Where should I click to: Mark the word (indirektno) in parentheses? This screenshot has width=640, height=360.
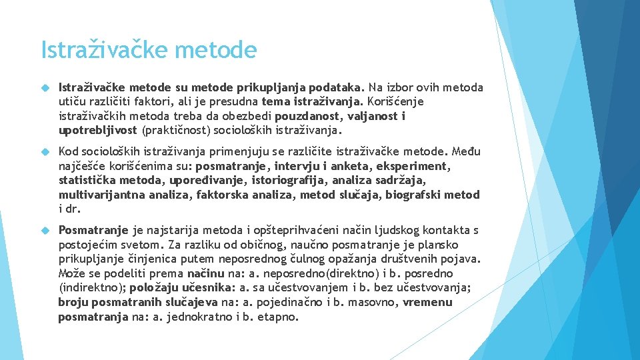pyautogui.click(x=91, y=288)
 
